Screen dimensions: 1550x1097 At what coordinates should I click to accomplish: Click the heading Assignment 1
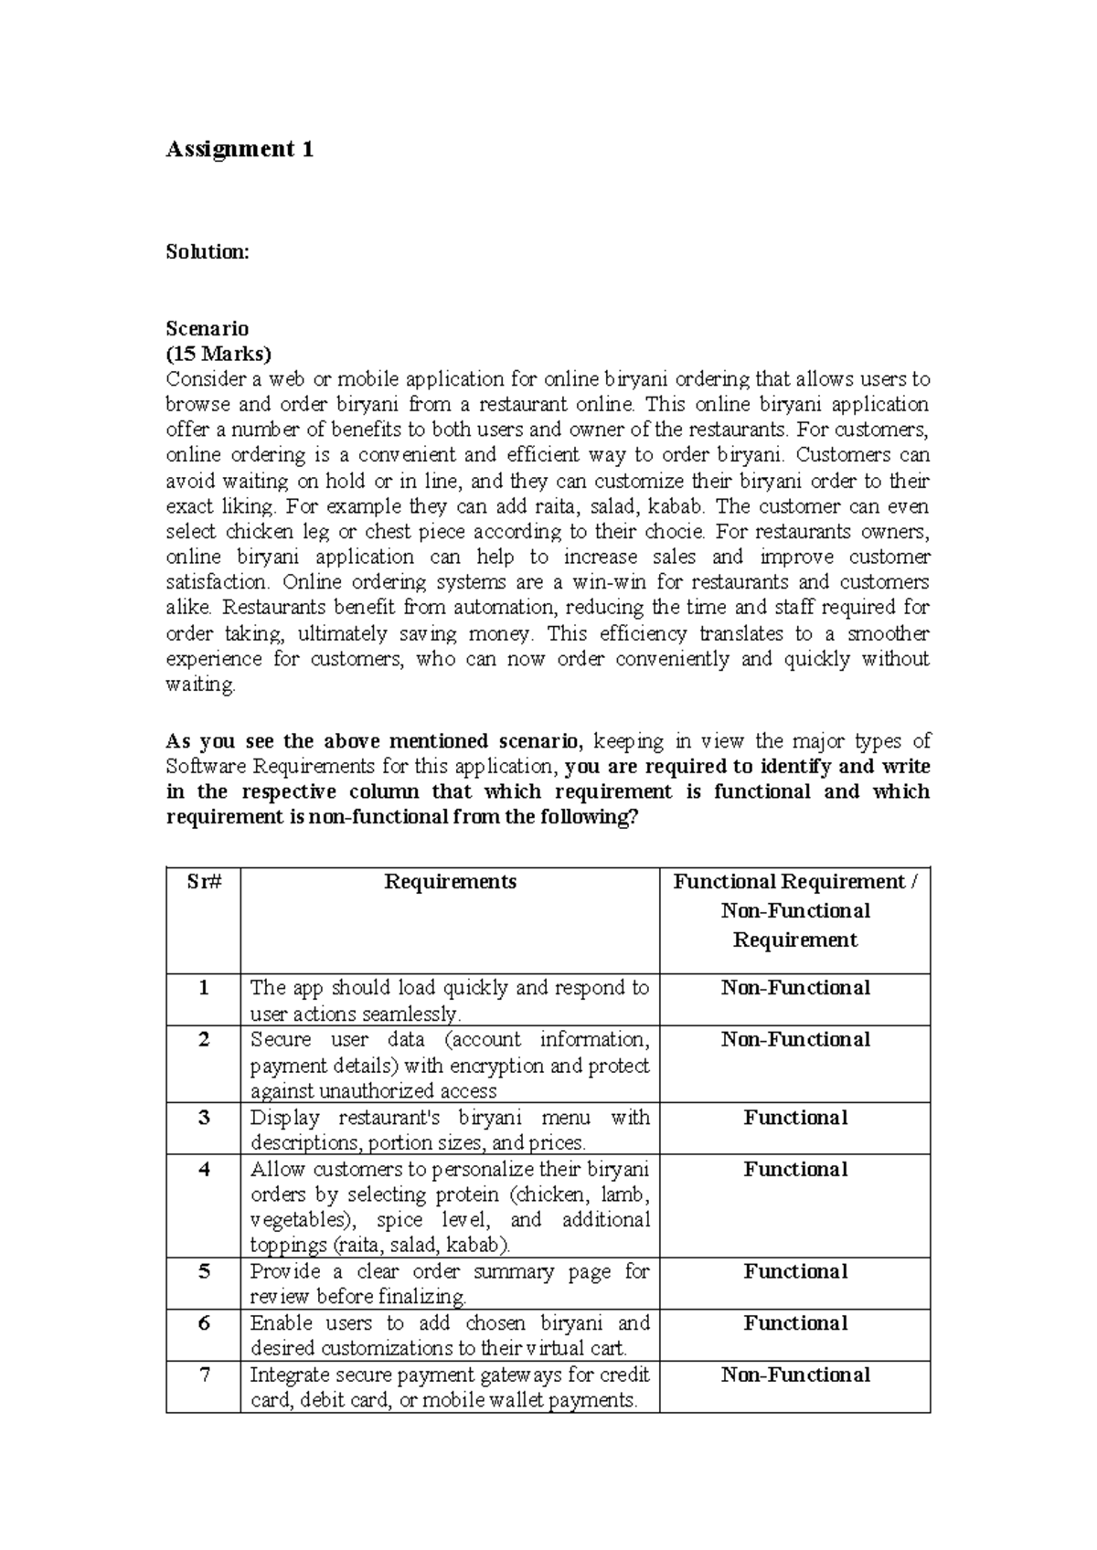[240, 150]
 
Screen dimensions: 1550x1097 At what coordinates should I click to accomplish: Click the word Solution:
[207, 252]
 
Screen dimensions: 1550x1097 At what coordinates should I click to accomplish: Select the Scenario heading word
[207, 328]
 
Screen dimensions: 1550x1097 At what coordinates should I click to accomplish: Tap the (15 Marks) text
[218, 354]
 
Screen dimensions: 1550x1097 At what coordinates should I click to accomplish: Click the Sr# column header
[203, 882]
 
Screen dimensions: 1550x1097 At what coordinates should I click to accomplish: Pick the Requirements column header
[450, 882]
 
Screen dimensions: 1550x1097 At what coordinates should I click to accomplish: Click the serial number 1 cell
[203, 988]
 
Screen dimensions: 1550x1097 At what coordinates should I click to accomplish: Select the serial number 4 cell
[203, 1170]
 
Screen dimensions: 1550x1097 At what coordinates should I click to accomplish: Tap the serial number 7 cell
[203, 1375]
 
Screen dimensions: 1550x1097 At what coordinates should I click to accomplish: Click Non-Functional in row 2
[794, 1040]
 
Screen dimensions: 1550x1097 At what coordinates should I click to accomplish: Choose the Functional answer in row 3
[794, 1118]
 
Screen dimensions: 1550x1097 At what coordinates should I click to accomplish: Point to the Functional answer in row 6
[794, 1323]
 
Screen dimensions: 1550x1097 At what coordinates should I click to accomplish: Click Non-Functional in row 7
[794, 1375]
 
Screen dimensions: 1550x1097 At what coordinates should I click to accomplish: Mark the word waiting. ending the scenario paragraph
[200, 685]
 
